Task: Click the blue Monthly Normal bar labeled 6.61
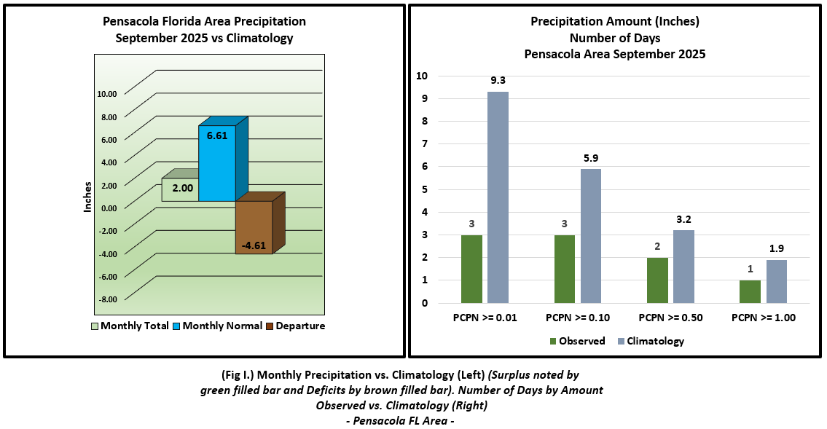tap(217, 164)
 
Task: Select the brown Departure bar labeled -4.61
tap(254, 227)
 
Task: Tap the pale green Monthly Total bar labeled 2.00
tap(180, 189)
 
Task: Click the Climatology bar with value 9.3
tap(498, 197)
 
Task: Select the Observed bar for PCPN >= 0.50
tap(658, 280)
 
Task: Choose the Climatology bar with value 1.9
tap(777, 281)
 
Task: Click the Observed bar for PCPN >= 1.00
tap(750, 291)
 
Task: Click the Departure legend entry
tap(295, 326)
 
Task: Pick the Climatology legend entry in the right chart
tap(650, 341)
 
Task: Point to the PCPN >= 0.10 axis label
tap(577, 318)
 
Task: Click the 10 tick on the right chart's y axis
tap(422, 76)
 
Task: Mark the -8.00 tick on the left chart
tap(107, 299)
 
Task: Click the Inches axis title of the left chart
tap(88, 197)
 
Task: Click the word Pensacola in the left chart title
tap(128, 22)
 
